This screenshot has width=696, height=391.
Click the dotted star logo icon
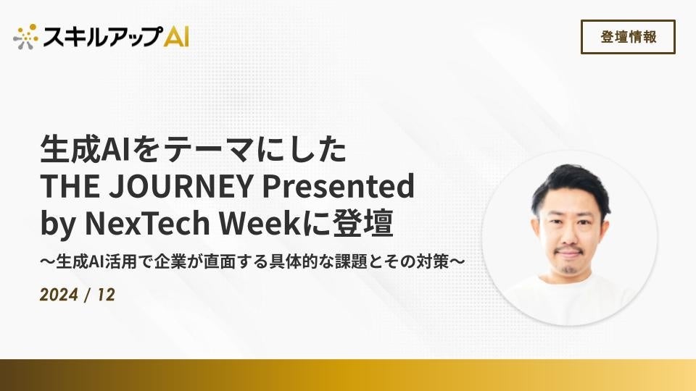26,36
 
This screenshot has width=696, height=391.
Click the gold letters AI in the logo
176,36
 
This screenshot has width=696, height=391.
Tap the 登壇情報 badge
628,37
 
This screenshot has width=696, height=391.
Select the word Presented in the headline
339,186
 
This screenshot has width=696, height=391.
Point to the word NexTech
147,223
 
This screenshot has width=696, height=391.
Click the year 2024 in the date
59,295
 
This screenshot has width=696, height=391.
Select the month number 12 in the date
106,295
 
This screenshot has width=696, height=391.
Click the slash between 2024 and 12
88,295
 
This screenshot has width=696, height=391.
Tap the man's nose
569,235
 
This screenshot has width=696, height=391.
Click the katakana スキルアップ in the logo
102,36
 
